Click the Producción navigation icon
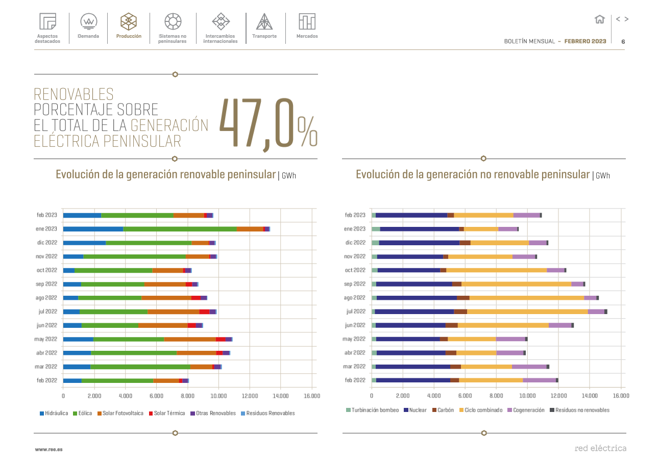coord(129,21)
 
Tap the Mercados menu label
coord(307,36)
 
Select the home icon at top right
coord(600,19)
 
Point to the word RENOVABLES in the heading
coord(74,94)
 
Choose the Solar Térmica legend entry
coord(166,414)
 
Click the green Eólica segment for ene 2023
coord(180,229)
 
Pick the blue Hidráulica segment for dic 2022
coord(84,243)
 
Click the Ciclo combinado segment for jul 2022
coord(527,312)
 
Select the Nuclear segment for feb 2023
coord(411,215)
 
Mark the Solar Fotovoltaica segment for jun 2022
coord(163,325)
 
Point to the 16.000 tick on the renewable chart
coord(312,396)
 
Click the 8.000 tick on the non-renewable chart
coord(496,396)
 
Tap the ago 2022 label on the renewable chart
coord(47,298)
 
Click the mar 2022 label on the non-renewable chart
coord(354,367)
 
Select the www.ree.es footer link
coord(48,450)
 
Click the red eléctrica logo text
coord(600,449)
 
